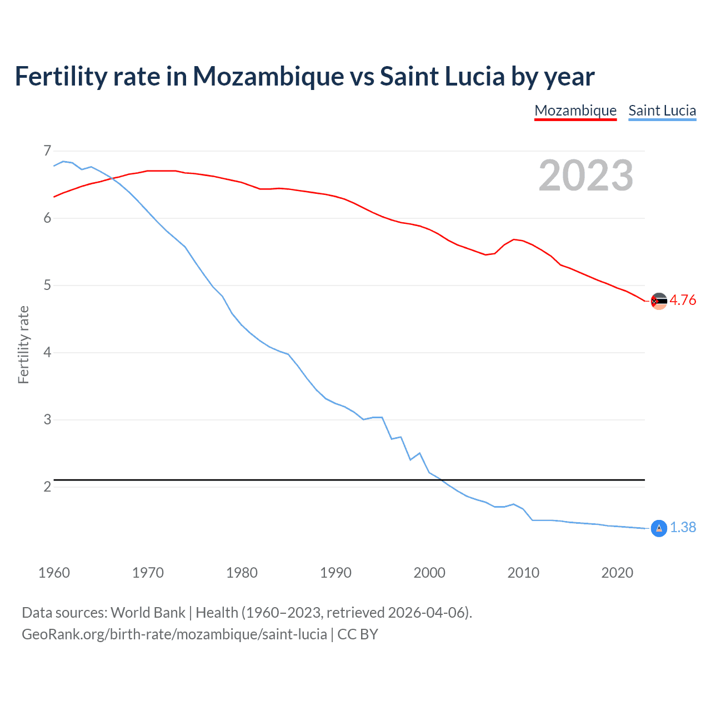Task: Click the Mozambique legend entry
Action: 575,111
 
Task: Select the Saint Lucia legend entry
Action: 662,111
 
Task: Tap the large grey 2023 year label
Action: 585,176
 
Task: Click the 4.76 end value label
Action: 683,300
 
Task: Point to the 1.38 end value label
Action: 683,527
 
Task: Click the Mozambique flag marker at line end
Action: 659,301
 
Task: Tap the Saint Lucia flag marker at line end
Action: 659,528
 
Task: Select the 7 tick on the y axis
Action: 47,151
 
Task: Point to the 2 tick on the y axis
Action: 47,487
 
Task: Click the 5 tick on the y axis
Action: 47,285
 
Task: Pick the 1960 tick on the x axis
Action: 54,573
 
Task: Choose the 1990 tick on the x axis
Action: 336,573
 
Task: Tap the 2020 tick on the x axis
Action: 617,573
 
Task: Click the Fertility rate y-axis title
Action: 23,344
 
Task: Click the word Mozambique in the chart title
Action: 268,77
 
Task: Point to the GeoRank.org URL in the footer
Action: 174,634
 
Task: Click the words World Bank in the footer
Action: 148,613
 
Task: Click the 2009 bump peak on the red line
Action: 514,239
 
